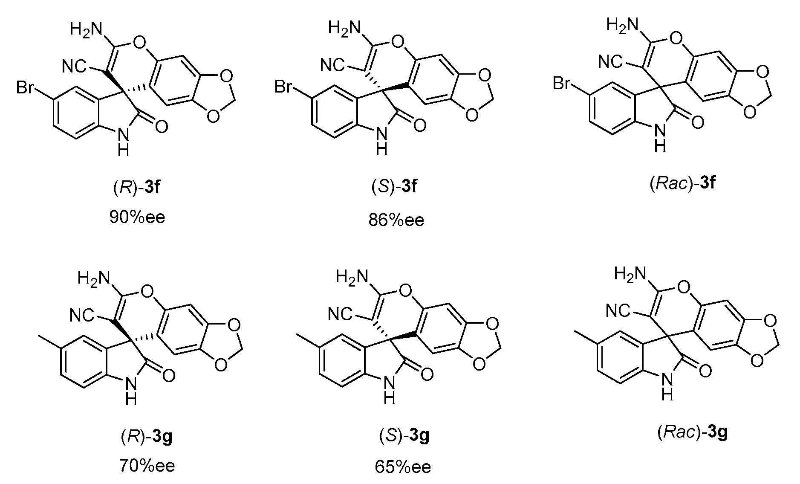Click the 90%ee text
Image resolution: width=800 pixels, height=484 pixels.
click(x=137, y=217)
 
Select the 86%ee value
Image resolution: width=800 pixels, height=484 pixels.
click(x=396, y=220)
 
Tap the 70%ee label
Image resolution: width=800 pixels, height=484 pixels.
click(x=147, y=466)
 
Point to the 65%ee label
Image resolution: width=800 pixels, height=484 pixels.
click(x=403, y=467)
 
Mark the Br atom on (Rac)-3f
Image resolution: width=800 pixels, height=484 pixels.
click(x=562, y=84)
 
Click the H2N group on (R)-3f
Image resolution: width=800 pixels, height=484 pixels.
click(x=87, y=30)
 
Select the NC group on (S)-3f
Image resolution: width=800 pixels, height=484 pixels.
click(x=332, y=66)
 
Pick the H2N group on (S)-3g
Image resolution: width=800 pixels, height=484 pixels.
click(x=352, y=278)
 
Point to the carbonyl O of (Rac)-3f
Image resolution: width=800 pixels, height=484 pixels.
click(x=697, y=123)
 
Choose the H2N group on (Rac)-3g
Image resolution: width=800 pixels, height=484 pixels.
click(x=630, y=274)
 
